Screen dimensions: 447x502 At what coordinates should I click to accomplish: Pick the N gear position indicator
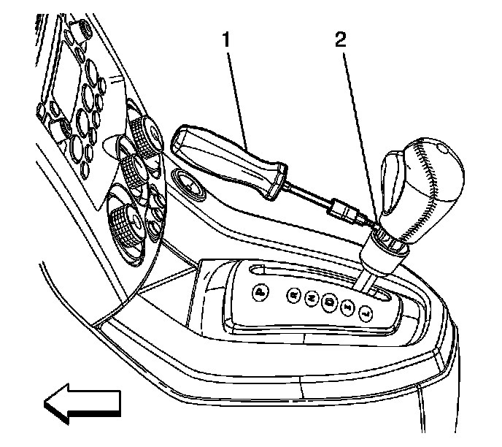coord(312,298)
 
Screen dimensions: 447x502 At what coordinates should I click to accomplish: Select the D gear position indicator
coord(330,302)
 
